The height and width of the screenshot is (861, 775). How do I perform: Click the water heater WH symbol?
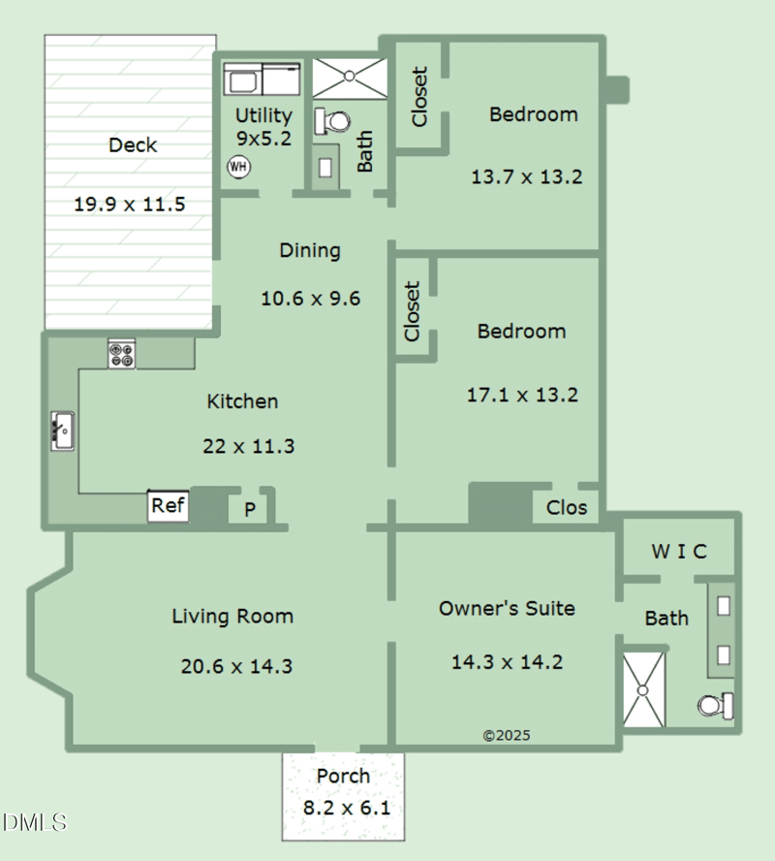click(238, 167)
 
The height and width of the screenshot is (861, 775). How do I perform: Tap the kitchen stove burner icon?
click(122, 354)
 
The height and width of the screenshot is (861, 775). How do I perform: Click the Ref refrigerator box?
click(168, 506)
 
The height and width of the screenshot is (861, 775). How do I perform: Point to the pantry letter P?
click(249, 509)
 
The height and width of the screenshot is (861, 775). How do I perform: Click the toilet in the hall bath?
click(333, 122)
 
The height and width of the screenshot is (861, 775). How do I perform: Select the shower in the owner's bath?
click(643, 688)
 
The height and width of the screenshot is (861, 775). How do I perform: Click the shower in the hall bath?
click(349, 78)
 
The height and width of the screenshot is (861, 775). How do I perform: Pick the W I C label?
click(678, 552)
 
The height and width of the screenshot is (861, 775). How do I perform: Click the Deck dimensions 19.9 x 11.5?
click(129, 205)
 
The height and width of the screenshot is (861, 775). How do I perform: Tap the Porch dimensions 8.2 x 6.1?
click(344, 807)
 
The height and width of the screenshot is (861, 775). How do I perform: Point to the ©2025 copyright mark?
click(507, 736)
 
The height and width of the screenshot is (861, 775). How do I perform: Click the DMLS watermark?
click(35, 823)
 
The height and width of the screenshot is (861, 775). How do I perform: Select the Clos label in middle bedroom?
click(567, 507)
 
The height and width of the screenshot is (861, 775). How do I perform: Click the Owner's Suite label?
click(507, 609)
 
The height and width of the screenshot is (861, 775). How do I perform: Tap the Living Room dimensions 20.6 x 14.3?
click(236, 666)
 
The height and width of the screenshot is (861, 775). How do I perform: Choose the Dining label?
click(310, 250)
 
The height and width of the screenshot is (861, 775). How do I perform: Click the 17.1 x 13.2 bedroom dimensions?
click(521, 395)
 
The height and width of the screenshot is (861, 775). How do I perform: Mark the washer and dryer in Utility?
click(263, 78)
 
